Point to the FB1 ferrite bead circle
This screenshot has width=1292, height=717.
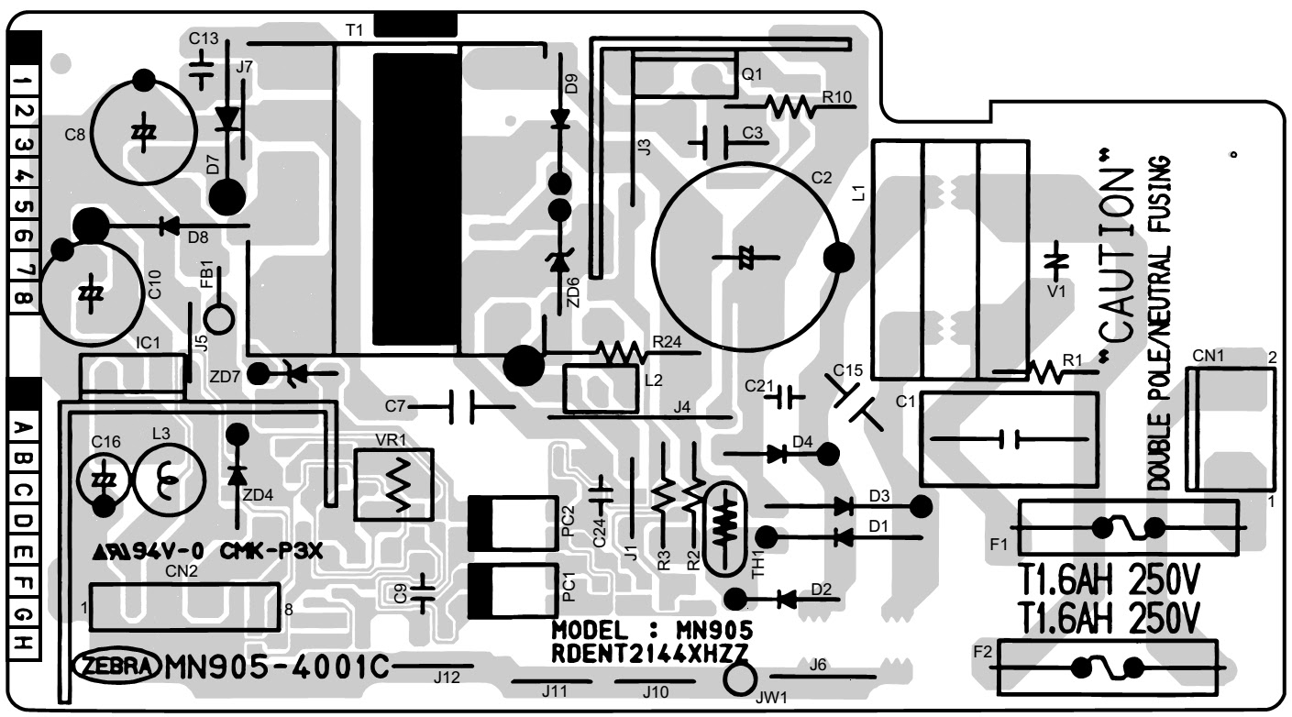coord(218,318)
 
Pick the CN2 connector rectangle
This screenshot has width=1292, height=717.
coord(184,606)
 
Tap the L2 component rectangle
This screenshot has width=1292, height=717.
coord(601,389)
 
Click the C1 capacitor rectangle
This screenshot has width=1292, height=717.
coord(1009,439)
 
